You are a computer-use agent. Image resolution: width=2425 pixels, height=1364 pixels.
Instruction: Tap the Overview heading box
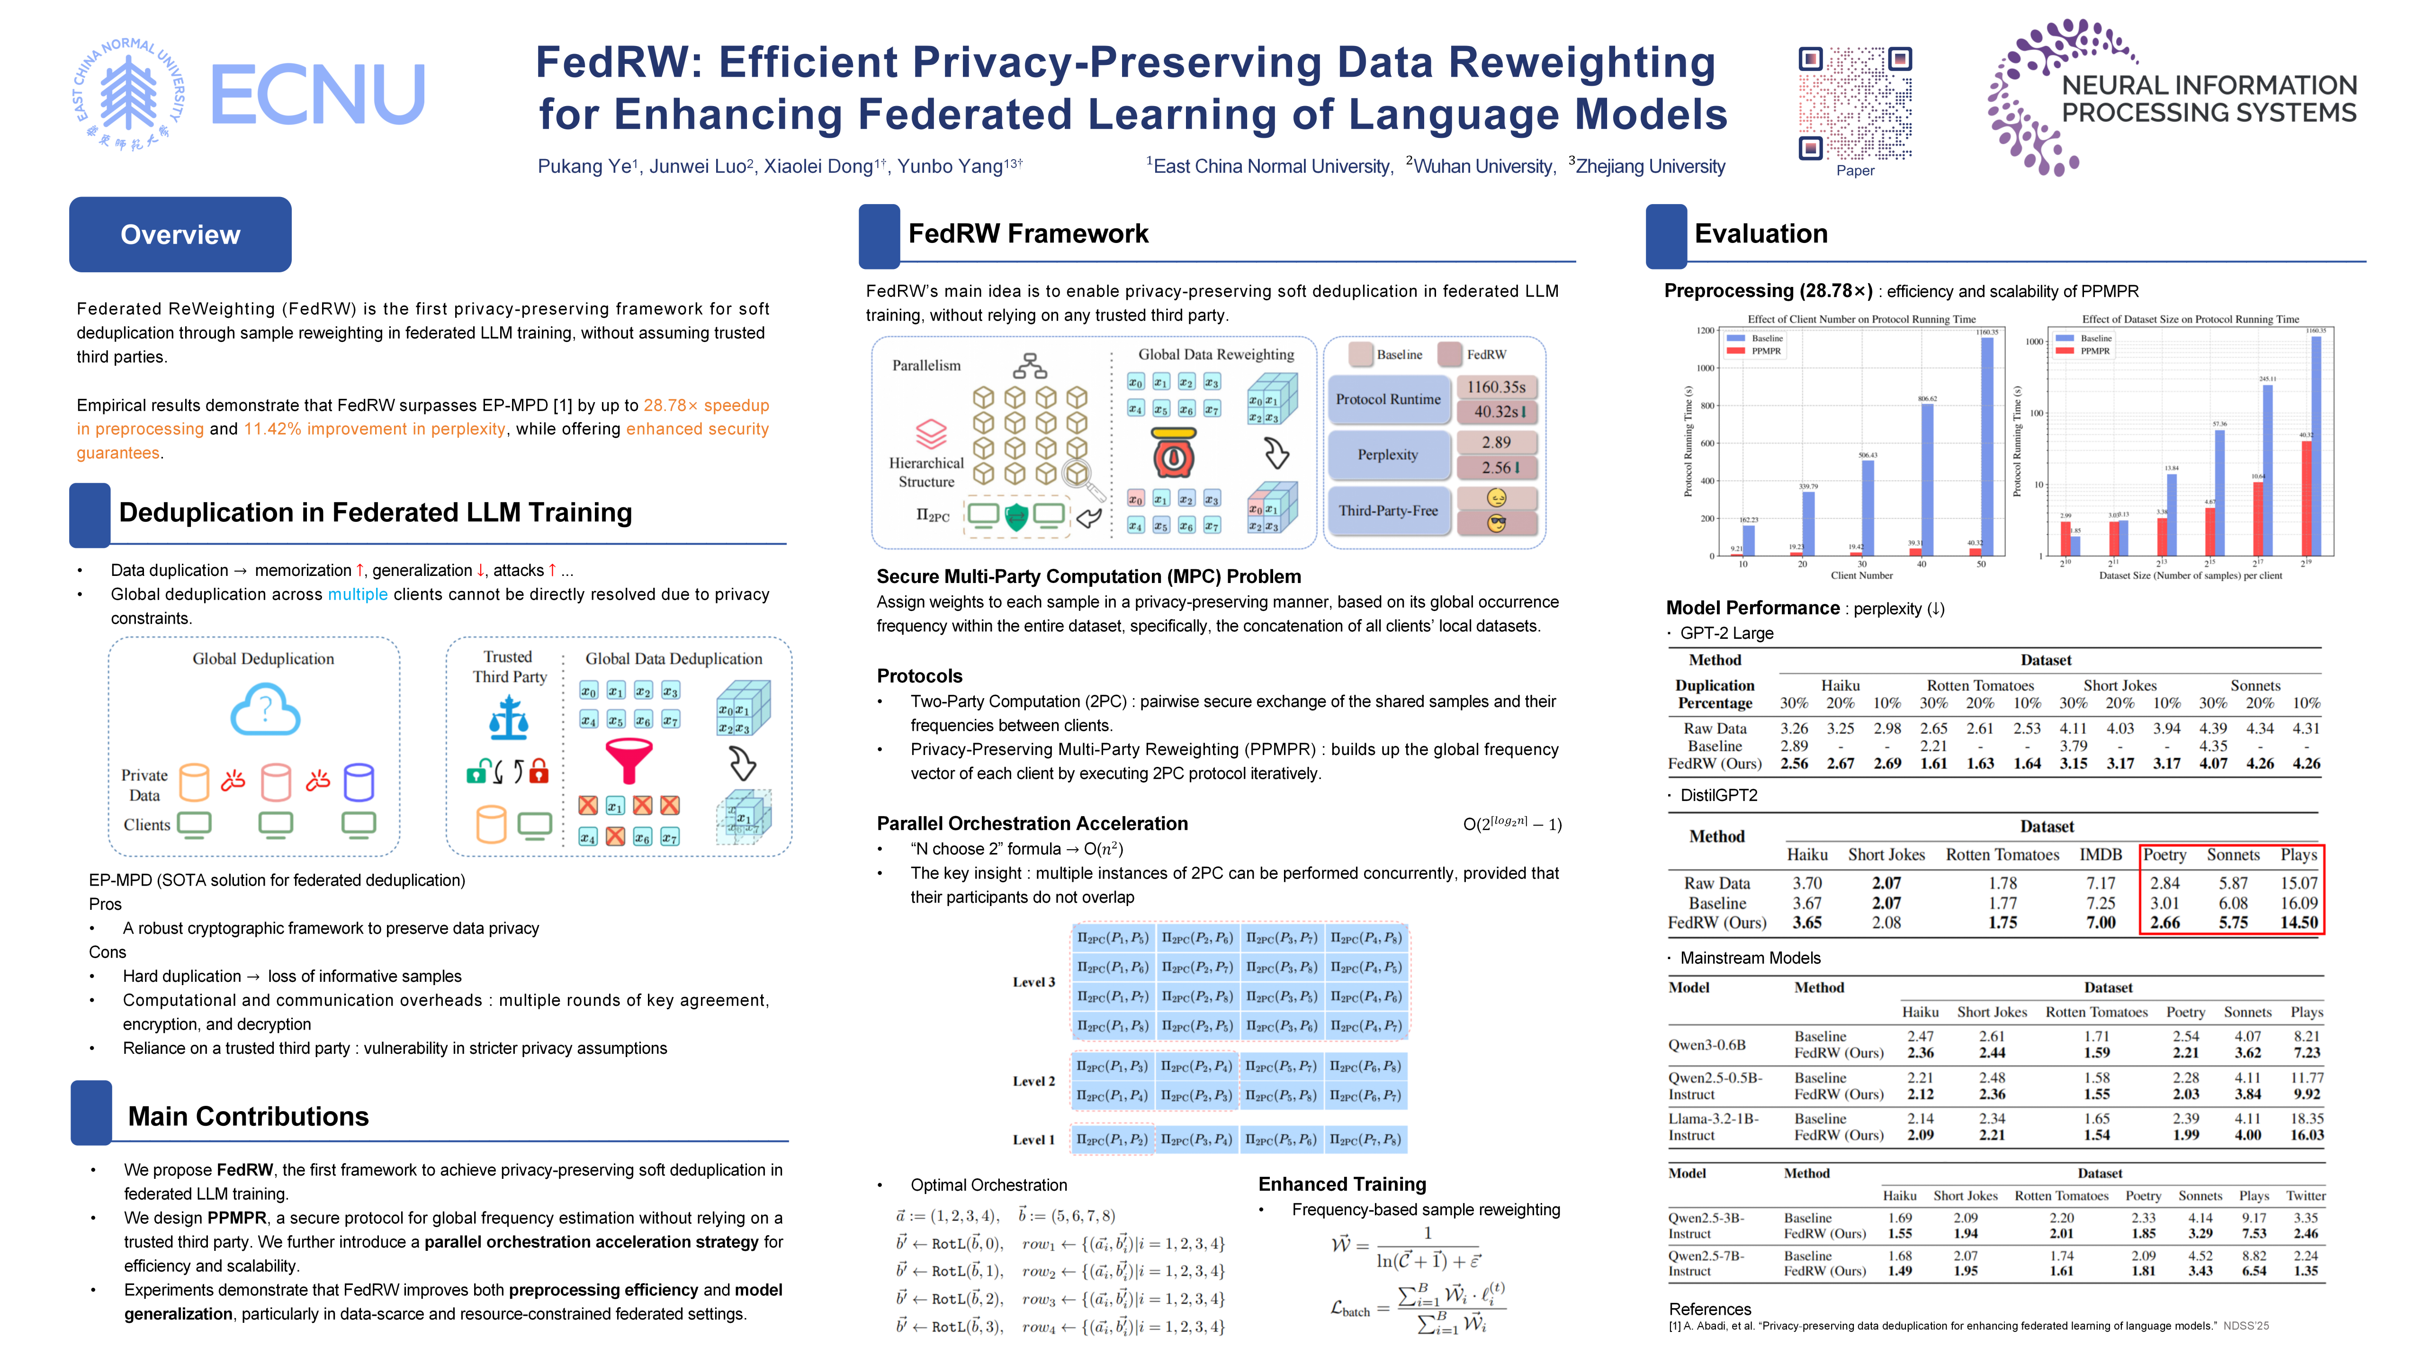[180, 234]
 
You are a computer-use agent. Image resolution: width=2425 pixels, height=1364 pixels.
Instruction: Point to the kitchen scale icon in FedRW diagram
[1174, 454]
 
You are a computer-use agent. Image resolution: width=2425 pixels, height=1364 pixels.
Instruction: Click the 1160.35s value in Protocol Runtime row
[1496, 387]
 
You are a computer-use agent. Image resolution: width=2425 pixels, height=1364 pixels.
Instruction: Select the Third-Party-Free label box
[1388, 510]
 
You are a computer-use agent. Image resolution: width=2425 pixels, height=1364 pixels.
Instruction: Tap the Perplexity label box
[1388, 455]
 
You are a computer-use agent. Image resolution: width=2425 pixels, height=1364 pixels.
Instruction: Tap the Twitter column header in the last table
[2306, 1195]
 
